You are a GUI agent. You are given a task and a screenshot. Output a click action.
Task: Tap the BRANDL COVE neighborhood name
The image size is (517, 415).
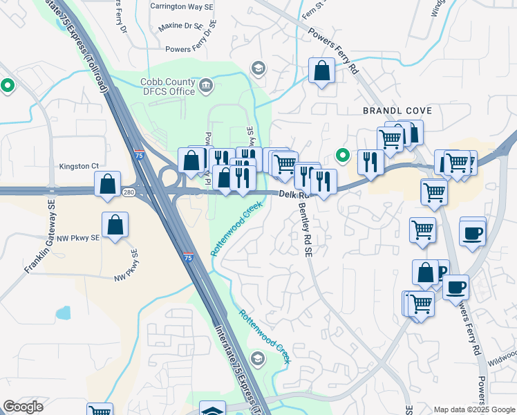coord(397,111)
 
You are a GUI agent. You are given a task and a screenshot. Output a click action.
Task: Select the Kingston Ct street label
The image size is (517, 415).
coord(79,166)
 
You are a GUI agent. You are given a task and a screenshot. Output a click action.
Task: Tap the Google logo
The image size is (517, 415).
coord(23,407)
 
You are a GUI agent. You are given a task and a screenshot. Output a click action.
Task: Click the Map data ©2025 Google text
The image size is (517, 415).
coord(473,409)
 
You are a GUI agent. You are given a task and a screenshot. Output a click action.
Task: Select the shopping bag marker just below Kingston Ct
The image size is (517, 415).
coord(107,184)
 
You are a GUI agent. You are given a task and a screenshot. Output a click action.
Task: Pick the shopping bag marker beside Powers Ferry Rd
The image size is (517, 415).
coord(321,70)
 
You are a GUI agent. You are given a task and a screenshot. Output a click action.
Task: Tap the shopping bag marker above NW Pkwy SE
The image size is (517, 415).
coord(115,225)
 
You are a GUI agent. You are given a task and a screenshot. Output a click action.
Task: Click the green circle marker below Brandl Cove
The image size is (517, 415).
coord(341,154)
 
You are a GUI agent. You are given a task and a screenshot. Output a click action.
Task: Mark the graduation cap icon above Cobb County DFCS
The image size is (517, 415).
coord(258,68)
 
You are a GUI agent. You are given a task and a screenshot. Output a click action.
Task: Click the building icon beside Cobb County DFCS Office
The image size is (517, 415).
coord(206,86)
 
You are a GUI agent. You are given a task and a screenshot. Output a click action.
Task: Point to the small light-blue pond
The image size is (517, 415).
coord(64,313)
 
